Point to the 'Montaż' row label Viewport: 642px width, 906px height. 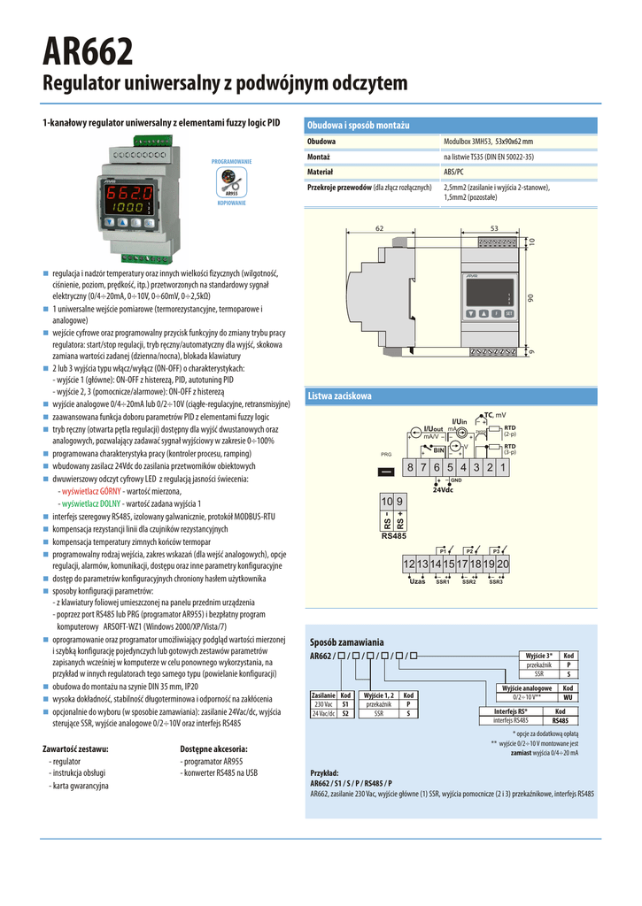pos(321,157)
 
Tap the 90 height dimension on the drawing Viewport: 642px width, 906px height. pos(531,298)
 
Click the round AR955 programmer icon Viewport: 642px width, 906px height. pos(231,181)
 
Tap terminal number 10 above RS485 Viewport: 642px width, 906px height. pos(387,502)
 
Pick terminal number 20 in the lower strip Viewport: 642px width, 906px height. pos(503,564)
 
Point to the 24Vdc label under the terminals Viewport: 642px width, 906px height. pos(443,490)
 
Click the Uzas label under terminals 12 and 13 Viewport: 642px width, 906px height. pos(417,581)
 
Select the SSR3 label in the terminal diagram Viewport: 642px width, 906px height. pos(496,581)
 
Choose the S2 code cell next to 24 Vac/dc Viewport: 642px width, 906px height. pos(346,712)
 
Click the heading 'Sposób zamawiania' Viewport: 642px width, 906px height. pos(347,641)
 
